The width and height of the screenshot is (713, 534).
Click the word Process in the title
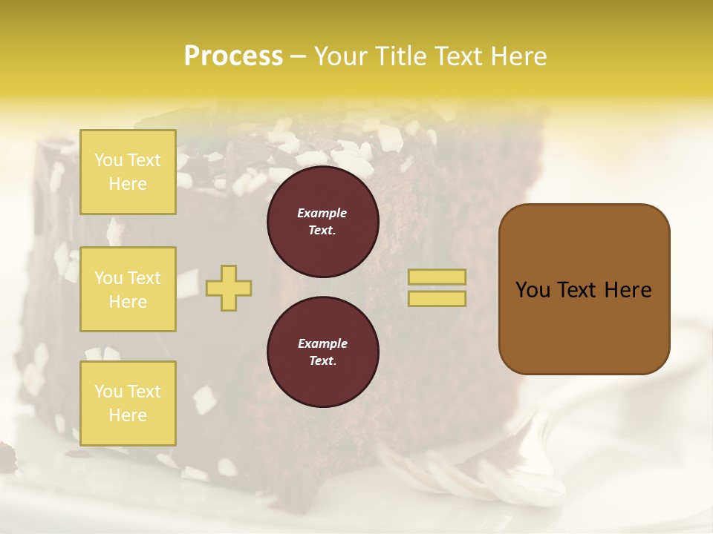[233, 56]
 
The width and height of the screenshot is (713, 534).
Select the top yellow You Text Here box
[128, 172]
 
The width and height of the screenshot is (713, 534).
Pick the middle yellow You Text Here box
[128, 289]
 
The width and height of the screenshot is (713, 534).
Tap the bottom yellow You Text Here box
[128, 403]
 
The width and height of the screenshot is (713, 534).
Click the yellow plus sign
[229, 288]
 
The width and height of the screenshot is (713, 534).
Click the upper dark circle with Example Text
[322, 222]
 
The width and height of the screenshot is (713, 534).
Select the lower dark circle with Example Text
[322, 352]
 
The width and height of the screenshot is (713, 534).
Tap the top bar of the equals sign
[437, 277]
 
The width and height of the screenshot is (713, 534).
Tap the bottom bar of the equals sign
[437, 299]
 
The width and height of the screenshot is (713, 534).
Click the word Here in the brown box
[627, 290]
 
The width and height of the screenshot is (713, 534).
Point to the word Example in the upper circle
[322, 214]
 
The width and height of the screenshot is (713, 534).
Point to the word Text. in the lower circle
[322, 361]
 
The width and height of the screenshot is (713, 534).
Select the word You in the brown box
[532, 290]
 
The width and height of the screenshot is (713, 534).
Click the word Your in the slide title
[340, 56]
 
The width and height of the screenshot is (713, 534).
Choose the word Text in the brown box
[573, 290]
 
